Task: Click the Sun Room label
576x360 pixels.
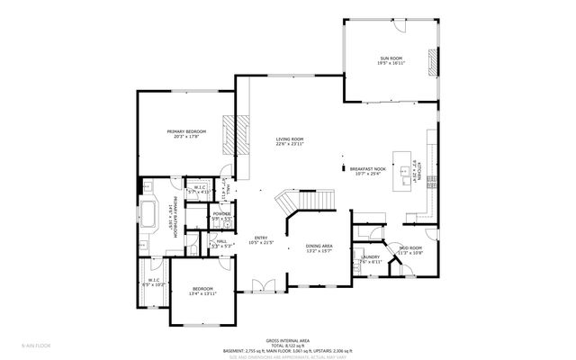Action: pyautogui.click(x=390, y=61)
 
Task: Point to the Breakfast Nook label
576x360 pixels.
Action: pyautogui.click(x=368, y=171)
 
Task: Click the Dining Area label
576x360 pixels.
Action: pyautogui.click(x=319, y=247)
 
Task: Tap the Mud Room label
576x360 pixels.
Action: pyautogui.click(x=410, y=250)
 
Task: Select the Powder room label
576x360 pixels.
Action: pyautogui.click(x=221, y=216)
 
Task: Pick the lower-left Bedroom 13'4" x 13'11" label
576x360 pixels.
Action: pyautogui.click(x=202, y=291)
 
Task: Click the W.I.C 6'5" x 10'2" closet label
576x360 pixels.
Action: pyautogui.click(x=154, y=283)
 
